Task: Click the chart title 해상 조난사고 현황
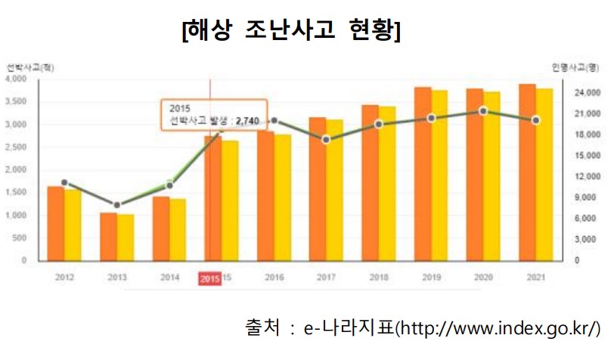(291, 32)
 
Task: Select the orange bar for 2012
(55, 223)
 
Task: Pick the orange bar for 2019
(423, 174)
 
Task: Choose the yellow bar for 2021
(545, 175)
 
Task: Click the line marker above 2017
(326, 140)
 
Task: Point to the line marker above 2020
(483, 111)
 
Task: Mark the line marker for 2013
(117, 205)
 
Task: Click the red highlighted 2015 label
(209, 278)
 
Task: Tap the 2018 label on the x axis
(379, 278)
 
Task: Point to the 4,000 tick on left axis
(15, 79)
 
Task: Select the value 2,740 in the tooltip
(247, 119)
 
